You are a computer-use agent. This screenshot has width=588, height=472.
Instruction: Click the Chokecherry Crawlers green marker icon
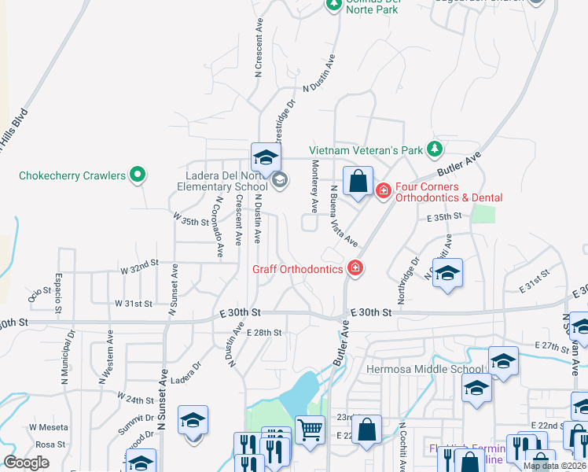138,175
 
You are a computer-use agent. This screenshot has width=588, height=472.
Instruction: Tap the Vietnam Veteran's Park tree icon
434,149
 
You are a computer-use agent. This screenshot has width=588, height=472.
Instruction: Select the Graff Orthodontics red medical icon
355,269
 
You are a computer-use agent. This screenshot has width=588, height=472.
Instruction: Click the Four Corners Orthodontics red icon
384,190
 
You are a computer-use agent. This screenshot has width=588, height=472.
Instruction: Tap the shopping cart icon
311,430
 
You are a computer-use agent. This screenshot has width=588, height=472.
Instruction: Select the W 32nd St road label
139,268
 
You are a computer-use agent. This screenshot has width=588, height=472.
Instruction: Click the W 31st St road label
133,303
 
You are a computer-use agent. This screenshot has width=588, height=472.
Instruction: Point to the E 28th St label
263,333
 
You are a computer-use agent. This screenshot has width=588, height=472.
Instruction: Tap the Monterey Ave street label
314,187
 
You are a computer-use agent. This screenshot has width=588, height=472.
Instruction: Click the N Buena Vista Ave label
344,216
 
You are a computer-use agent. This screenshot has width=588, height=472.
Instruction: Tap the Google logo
27,462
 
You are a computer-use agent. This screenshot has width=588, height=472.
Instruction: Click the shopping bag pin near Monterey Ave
358,182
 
